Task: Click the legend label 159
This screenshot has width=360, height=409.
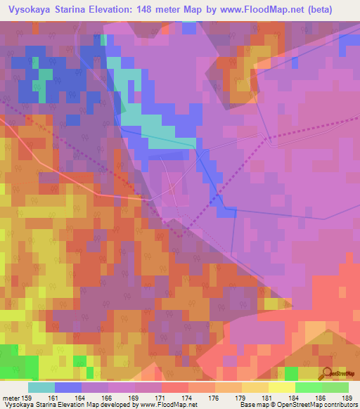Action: pyautogui.click(x=26, y=398)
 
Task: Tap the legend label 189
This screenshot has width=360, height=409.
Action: pyautogui.click(x=346, y=398)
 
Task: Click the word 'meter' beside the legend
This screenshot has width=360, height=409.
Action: pyautogui.click(x=11, y=398)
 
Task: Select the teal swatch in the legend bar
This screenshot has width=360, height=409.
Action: pyautogui.click(x=41, y=387)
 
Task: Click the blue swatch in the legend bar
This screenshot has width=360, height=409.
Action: pyautogui.click(x=68, y=387)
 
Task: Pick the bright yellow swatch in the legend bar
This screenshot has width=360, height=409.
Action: pyautogui.click(x=282, y=387)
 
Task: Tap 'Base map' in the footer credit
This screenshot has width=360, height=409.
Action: pyautogui.click(x=251, y=405)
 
